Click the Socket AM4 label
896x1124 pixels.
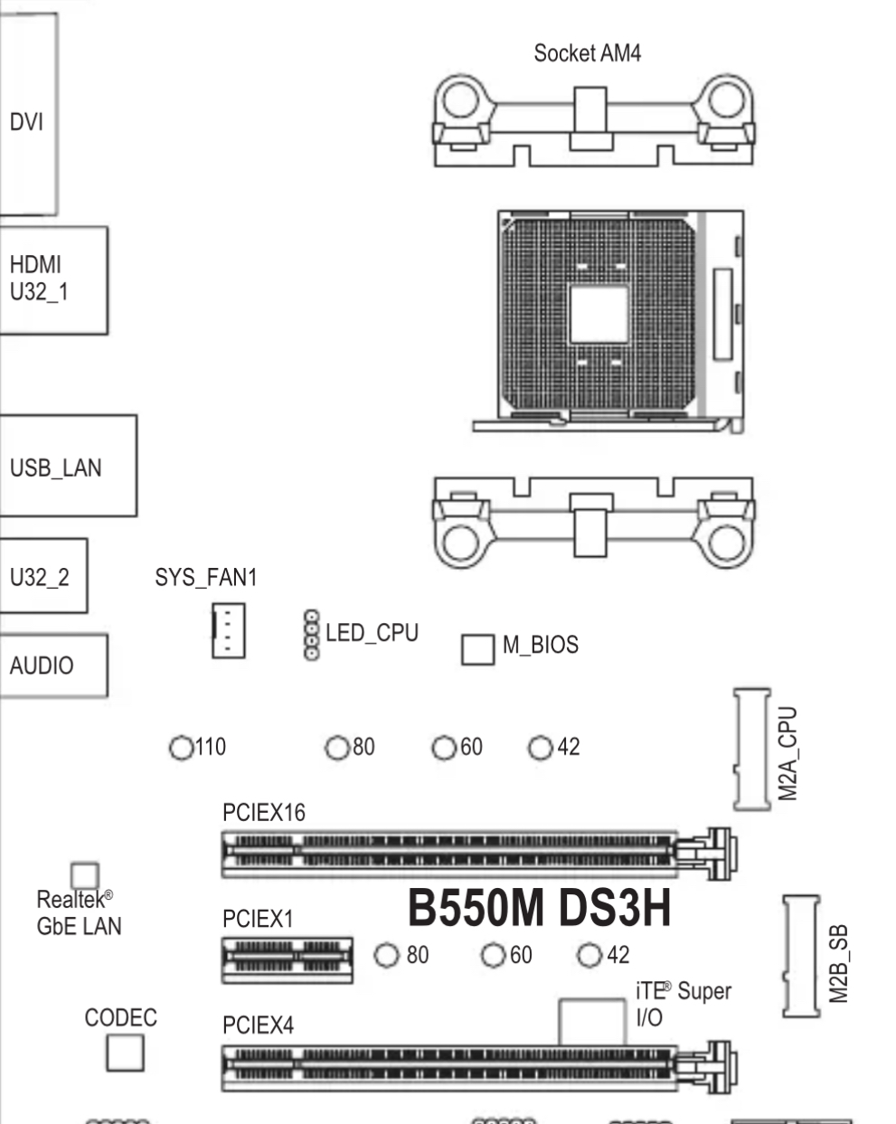(587, 53)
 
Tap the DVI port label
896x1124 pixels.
(26, 122)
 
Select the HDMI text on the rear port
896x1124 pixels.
(35, 265)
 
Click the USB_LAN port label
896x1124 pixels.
(55, 468)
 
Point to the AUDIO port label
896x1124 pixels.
(42, 666)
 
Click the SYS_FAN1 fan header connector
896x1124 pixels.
(228, 630)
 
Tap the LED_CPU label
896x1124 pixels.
(372, 633)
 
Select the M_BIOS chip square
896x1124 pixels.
(477, 650)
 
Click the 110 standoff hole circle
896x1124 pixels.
(182, 748)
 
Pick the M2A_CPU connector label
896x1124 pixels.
(788, 753)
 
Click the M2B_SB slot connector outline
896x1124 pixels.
(801, 956)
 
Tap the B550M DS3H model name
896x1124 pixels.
(540, 908)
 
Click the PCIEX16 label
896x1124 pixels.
(264, 813)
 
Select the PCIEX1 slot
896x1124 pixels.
(288, 960)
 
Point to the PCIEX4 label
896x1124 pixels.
(258, 1025)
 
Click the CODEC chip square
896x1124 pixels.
(126, 1053)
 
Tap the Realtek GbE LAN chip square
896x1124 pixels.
(85, 876)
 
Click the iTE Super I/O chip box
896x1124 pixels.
(592, 1023)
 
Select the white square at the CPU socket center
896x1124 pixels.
(599, 315)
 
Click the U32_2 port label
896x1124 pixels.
(39, 578)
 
